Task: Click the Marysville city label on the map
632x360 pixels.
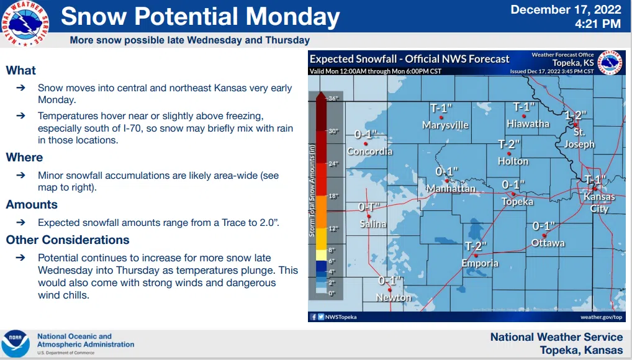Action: point(445,125)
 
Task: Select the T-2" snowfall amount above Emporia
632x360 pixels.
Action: point(476,246)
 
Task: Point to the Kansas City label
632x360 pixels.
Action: point(598,202)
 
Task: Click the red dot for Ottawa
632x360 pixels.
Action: point(544,236)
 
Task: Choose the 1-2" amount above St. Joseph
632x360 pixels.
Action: point(576,115)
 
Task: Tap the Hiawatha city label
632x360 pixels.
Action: point(528,124)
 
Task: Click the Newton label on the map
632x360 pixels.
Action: point(394,297)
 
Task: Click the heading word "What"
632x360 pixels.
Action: point(21,70)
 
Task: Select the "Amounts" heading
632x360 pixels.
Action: point(32,204)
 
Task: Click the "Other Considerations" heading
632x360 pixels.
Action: point(68,240)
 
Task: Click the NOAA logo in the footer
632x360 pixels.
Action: point(15,343)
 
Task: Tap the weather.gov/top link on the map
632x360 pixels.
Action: point(601,317)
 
